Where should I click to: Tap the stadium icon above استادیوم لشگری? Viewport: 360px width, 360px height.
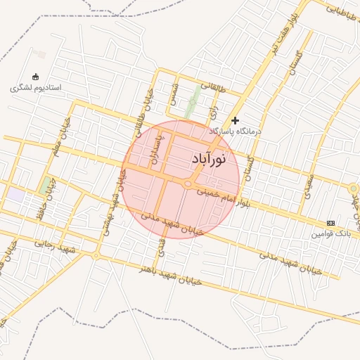click(x=36, y=77)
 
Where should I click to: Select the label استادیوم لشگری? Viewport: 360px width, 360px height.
click(x=37, y=88)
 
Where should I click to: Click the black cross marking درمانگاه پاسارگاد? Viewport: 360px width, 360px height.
click(x=235, y=120)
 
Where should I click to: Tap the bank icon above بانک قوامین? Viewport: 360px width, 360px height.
click(x=331, y=222)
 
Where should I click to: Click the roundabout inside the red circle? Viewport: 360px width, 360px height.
click(x=188, y=184)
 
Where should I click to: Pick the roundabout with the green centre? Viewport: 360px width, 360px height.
click(x=353, y=188)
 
